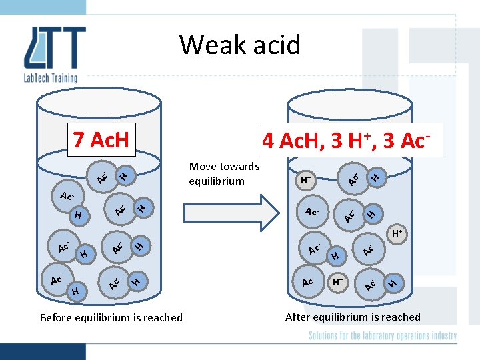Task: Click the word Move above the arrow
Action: click(x=203, y=167)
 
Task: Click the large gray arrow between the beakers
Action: click(x=233, y=213)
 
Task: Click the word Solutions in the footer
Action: click(x=327, y=336)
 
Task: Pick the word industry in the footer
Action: click(x=441, y=336)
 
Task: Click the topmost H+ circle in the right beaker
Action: click(x=306, y=180)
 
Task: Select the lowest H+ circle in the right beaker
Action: click(x=339, y=282)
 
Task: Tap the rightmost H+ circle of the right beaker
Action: click(x=397, y=234)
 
